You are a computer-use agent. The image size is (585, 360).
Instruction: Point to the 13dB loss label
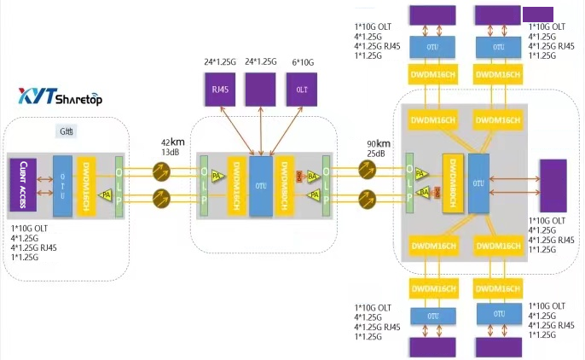click(x=171, y=153)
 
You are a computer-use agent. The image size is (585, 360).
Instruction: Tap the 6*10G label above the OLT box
click(x=302, y=61)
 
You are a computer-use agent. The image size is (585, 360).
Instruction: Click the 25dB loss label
click(x=376, y=153)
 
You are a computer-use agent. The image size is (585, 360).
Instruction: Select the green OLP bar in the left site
click(x=119, y=183)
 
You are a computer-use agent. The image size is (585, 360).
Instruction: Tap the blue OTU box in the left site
click(x=61, y=183)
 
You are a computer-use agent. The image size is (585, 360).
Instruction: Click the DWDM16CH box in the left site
click(x=86, y=183)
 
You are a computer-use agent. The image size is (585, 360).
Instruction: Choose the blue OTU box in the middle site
click(x=259, y=183)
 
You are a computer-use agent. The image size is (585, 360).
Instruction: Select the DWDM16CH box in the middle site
click(x=235, y=183)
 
